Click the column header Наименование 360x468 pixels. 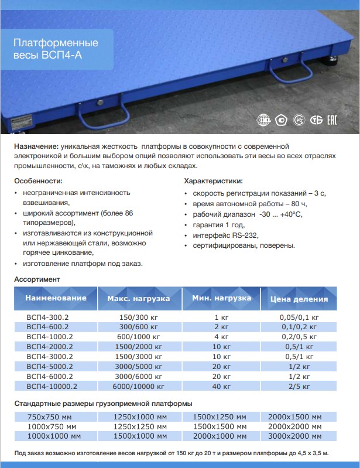click(56, 298)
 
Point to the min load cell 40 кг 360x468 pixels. click(221, 386)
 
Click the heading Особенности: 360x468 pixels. click(38, 181)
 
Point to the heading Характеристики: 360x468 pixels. click(213, 181)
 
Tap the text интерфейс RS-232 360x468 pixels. click(225, 235)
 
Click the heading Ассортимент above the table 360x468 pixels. click(37, 279)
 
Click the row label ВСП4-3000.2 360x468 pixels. click(52, 356)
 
